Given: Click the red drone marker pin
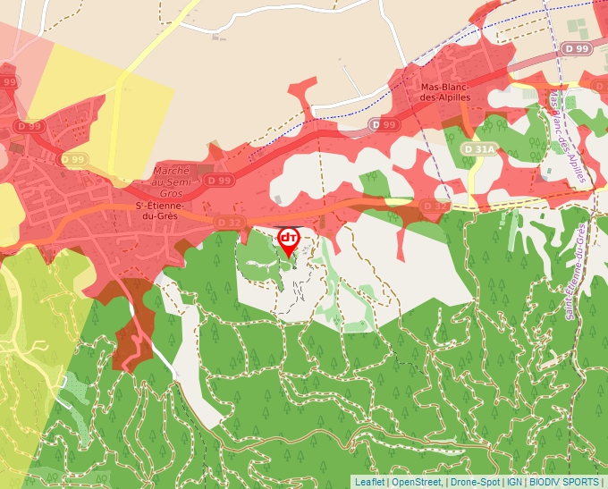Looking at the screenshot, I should click(289, 239).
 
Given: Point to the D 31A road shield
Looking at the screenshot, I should click(479, 148).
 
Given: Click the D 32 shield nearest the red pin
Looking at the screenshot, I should click(230, 222).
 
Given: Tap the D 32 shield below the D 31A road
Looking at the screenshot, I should click(435, 206).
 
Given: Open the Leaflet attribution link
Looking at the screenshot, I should click(369, 482).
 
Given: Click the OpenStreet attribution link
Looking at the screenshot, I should click(416, 482).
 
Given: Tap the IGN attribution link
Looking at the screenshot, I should click(515, 482).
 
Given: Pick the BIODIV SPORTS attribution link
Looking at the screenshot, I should click(564, 482).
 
